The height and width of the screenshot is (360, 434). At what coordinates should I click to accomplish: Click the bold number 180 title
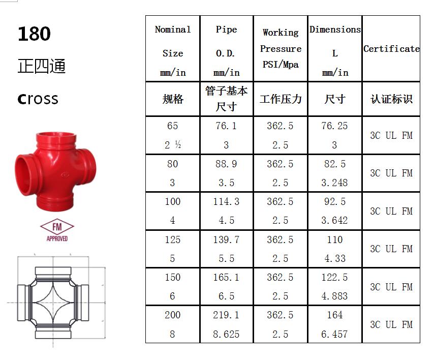[34, 34]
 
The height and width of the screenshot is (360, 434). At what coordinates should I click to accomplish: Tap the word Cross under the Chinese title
[38, 99]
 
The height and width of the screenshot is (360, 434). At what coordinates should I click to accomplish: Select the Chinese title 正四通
[42, 66]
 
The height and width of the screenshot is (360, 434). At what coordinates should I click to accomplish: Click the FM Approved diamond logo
[57, 230]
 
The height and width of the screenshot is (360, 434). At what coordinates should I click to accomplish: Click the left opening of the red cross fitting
[23, 175]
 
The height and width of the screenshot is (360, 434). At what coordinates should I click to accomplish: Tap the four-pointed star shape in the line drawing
[53, 303]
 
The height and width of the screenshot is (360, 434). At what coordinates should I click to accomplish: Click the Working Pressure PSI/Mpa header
[281, 48]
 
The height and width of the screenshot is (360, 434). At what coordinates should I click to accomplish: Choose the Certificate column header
[391, 49]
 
